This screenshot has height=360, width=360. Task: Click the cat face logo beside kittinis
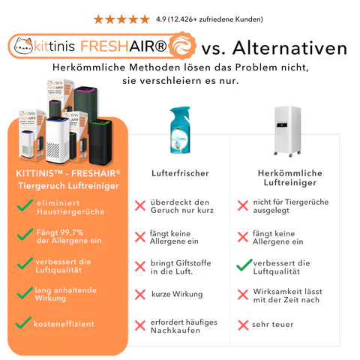tap(23, 46)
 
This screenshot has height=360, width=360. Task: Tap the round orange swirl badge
tap(182, 46)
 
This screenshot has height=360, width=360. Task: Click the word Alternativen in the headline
tap(290, 48)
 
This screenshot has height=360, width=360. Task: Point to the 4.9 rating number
tap(161, 19)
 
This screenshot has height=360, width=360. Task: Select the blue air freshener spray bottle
tap(180, 130)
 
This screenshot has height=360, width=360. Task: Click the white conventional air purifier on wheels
tap(287, 130)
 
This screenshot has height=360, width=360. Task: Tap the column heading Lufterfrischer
tap(180, 173)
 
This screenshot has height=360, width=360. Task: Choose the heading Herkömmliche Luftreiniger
tap(290, 178)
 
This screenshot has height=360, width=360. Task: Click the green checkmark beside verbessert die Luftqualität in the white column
tap(244, 265)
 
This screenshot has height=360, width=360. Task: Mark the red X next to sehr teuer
tap(243, 325)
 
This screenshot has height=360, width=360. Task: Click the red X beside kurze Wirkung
tap(140, 295)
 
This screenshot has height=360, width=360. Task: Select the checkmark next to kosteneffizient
tap(23, 322)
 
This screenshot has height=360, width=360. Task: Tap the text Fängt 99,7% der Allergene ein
tap(69, 236)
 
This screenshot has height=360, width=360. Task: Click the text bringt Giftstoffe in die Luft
tap(181, 267)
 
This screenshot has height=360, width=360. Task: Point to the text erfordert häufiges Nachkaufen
tap(184, 326)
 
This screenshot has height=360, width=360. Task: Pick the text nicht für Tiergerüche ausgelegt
tap(291, 206)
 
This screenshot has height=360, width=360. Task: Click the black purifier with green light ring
tap(100, 142)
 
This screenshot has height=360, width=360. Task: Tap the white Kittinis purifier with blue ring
tap(58, 140)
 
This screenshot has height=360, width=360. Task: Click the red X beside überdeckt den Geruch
tap(140, 205)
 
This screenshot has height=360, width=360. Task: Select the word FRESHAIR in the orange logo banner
tap(124, 46)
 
